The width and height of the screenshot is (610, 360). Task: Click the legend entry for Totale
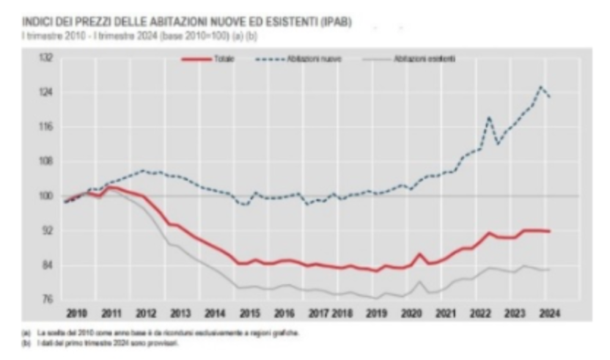[221, 58]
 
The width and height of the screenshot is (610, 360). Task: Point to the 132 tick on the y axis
[45, 58]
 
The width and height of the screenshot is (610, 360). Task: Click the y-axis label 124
[45, 92]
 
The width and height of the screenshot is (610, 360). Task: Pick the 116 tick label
[45, 127]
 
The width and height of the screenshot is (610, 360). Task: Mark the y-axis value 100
[45, 196]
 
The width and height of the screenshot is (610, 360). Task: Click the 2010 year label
[77, 313]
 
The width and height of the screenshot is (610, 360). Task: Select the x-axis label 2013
[180, 313]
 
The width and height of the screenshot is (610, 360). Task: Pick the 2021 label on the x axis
[445, 313]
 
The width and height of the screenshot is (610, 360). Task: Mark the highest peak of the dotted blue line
[541, 87]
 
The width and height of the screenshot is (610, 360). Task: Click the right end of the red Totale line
[549, 231]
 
